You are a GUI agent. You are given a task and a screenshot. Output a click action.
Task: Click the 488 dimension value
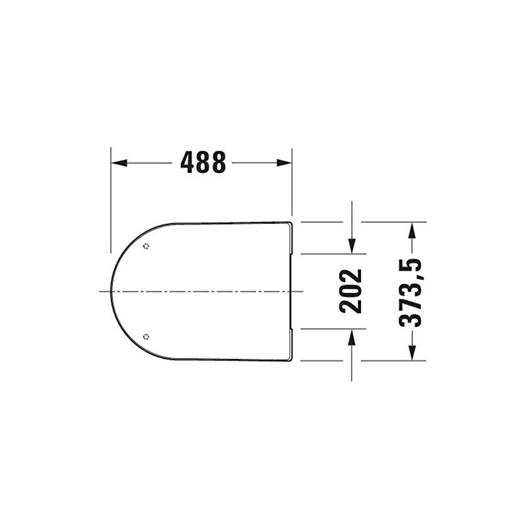(203, 162)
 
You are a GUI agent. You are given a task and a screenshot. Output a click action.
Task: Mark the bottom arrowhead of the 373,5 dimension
(412, 354)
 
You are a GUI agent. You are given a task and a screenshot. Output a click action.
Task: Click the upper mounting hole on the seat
(146, 247)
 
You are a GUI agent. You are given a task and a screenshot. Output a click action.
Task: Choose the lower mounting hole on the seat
(146, 336)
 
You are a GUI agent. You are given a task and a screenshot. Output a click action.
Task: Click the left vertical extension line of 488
(111, 205)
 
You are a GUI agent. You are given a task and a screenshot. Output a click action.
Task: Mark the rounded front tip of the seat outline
(112, 291)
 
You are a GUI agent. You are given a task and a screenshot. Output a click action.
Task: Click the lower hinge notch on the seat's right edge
(292, 345)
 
